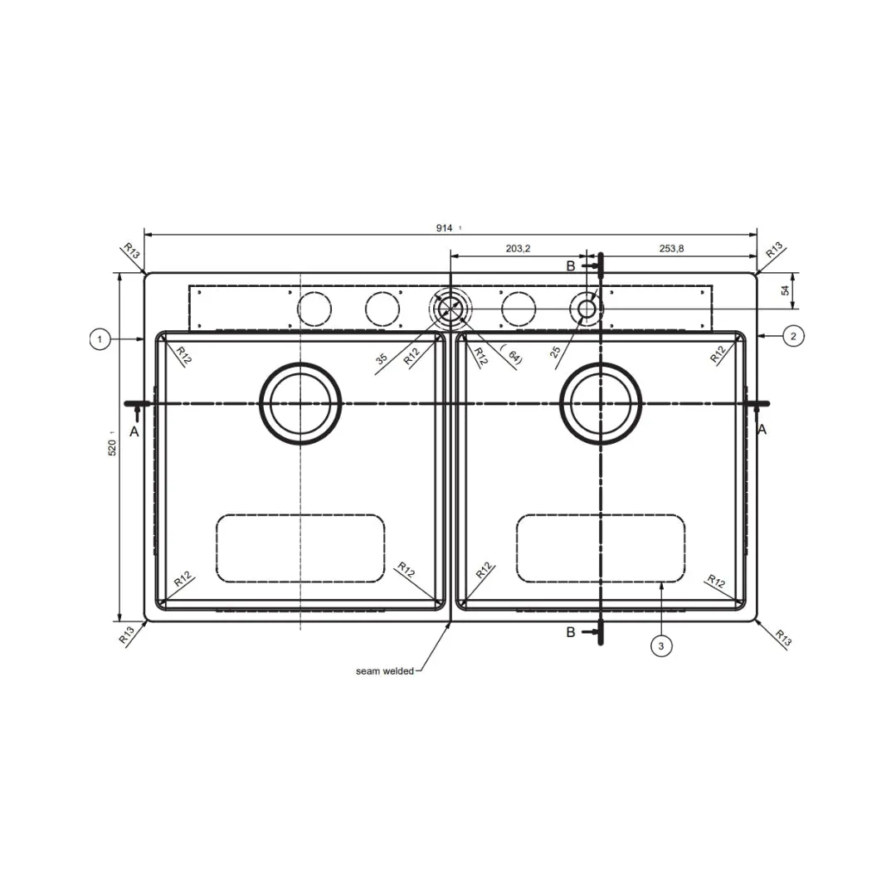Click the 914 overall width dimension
click(x=444, y=228)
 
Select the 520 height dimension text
click(x=112, y=447)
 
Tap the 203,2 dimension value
click(x=518, y=249)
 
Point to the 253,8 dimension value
click(x=671, y=249)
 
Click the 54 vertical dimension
click(x=786, y=290)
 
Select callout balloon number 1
click(x=100, y=339)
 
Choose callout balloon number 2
click(x=793, y=336)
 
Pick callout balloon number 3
click(x=661, y=646)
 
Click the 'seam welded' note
click(x=385, y=671)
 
